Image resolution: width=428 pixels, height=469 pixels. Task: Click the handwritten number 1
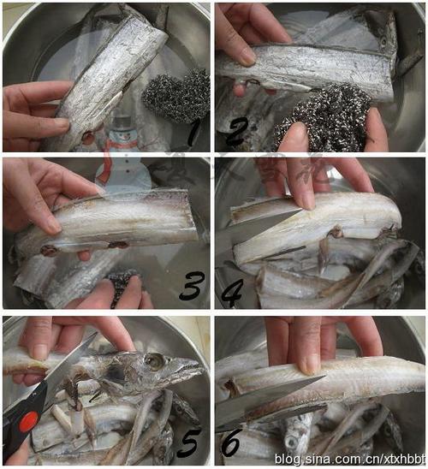(193, 134)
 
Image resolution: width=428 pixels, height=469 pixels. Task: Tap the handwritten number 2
(237, 133)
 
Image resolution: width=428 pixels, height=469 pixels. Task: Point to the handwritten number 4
(233, 293)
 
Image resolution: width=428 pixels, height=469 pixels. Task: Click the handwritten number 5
(189, 443)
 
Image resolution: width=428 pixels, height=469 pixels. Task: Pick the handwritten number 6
(231, 443)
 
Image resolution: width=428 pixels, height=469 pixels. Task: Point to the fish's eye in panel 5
(154, 359)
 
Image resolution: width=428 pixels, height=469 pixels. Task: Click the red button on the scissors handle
(29, 421)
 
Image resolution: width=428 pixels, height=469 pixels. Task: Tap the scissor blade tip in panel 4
(300, 211)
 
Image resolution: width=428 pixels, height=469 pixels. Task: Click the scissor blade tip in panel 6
(324, 377)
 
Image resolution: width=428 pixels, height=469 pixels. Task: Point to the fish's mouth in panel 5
(190, 371)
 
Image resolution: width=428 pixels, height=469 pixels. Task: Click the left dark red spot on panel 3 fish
(49, 250)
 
